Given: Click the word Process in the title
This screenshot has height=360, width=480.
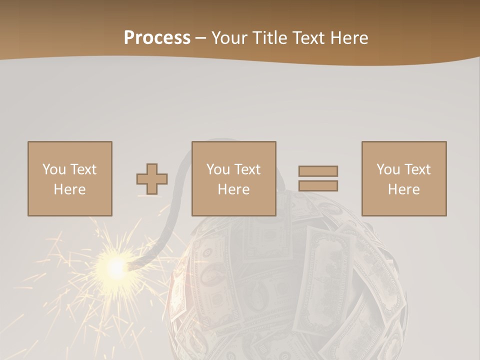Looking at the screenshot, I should (x=157, y=38).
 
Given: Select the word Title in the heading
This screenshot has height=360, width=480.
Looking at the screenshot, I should (x=269, y=38).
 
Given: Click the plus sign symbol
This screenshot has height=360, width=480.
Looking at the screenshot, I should (x=152, y=178).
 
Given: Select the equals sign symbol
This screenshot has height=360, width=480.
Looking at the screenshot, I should (x=318, y=178).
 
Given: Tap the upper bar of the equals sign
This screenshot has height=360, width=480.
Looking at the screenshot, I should (x=318, y=171).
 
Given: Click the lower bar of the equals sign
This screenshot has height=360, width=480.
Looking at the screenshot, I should (x=318, y=186).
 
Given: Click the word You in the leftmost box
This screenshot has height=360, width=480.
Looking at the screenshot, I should (x=53, y=169).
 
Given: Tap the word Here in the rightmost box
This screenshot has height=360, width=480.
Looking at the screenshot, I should (x=403, y=189).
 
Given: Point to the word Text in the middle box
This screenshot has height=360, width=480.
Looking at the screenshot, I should (x=247, y=169).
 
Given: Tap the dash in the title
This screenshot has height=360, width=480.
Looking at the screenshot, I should (x=201, y=38).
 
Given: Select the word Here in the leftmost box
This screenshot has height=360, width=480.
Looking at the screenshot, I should (x=69, y=189).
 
